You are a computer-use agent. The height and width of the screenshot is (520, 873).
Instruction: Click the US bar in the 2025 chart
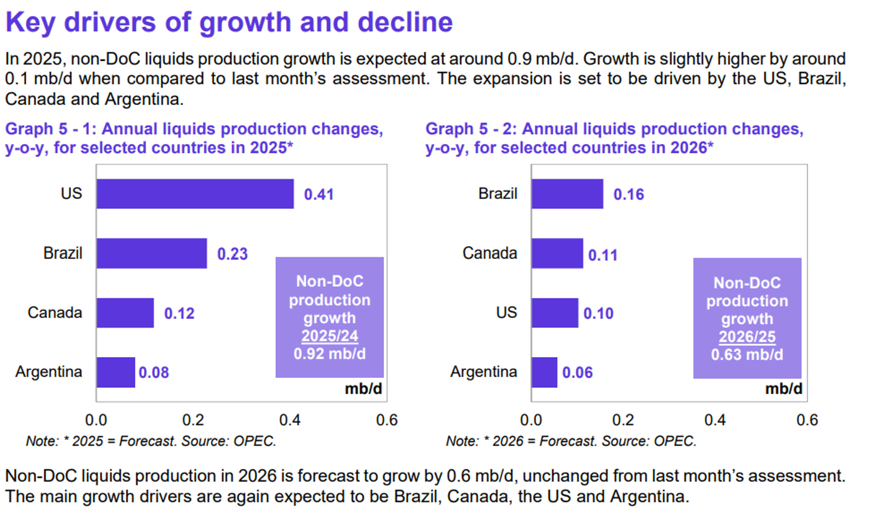click(195, 194)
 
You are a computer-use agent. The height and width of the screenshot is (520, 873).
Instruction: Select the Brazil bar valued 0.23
click(152, 253)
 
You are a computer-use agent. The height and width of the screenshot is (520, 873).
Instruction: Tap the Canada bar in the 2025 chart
click(125, 313)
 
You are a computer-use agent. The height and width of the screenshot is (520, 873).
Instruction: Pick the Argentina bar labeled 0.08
click(115, 372)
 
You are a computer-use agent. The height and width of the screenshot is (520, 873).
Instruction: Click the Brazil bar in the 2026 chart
click(567, 194)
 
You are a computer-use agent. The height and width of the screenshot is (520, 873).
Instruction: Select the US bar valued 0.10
click(555, 313)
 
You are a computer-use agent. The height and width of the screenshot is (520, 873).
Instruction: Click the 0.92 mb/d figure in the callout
click(329, 353)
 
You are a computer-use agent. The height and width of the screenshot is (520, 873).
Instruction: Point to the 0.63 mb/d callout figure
click(747, 355)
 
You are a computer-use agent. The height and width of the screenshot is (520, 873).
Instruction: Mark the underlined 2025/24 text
click(329, 336)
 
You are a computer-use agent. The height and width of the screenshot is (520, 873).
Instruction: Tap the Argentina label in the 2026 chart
click(483, 372)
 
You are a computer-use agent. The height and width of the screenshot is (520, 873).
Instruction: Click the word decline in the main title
click(405, 22)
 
